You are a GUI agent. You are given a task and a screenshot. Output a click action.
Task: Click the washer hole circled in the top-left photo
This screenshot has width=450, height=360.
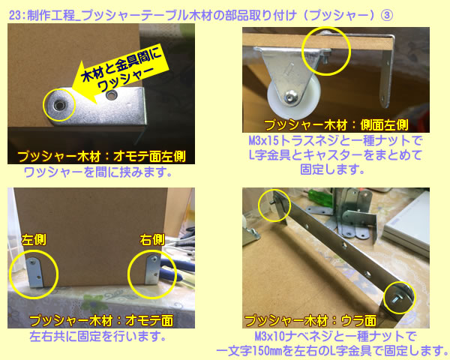tap(60, 105)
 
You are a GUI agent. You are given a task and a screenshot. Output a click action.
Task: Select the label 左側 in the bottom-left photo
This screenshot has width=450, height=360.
tap(34, 240)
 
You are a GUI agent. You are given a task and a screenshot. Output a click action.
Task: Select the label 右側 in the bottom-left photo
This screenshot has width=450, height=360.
tap(152, 240)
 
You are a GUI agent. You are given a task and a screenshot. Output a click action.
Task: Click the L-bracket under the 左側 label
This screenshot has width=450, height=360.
tap(35, 272)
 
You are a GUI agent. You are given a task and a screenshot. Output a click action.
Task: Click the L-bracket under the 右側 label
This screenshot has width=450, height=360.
tap(152, 269)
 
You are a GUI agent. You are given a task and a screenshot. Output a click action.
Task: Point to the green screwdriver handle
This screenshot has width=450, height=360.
tap(319, 197)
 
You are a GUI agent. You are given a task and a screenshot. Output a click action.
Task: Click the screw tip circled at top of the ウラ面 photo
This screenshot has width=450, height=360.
tap(271, 202)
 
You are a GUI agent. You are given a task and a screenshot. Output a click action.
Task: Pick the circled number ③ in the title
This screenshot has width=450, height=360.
tap(386, 15)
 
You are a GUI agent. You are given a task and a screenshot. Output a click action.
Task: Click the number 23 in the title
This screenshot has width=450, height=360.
tap(15, 15)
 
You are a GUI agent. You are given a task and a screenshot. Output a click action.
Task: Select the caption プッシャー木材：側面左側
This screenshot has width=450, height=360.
tap(336, 125)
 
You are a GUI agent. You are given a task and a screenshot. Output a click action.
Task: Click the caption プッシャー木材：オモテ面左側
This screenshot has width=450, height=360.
tap(101, 157)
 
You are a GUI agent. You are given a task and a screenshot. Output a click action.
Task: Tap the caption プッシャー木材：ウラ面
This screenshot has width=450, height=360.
tap(310, 321)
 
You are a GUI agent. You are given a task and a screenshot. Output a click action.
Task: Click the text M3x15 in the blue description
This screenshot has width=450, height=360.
tap(264, 141)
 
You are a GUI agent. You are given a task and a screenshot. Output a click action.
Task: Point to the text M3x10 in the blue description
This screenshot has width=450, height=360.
tap(270, 336)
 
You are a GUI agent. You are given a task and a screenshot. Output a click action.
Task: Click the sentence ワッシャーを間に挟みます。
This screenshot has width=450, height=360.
tap(97, 172)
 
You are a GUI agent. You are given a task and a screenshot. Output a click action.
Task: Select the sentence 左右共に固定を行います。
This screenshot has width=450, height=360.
tap(97, 337)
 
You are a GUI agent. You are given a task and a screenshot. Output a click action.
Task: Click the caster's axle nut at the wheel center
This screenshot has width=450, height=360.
tap(290, 97)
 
